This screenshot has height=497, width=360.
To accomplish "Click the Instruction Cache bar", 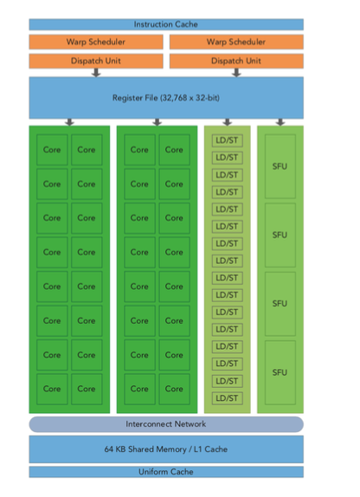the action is (166, 24).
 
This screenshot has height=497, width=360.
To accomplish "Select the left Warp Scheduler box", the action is (96, 42).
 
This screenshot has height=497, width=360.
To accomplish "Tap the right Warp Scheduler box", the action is (236, 42).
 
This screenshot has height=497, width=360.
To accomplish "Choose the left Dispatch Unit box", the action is (96, 61).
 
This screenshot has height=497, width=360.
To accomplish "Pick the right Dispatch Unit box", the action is (236, 61).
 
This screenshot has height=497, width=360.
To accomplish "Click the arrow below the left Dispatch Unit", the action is (96, 73).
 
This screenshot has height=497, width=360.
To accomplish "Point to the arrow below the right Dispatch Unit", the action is (236, 73).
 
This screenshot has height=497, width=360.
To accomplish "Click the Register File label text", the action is (166, 98).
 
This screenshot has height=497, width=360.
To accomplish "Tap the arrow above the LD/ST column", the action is (228, 122).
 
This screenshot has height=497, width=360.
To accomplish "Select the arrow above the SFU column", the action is (280, 122).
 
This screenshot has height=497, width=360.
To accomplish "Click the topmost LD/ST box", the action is (228, 140).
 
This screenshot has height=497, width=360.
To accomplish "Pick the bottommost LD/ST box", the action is (228, 398).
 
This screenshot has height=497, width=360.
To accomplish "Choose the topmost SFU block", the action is (280, 166).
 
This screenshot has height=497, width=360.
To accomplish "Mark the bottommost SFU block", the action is (280, 372).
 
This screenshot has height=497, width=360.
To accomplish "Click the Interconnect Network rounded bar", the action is (166, 424).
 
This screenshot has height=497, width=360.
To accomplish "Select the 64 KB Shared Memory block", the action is (166, 449).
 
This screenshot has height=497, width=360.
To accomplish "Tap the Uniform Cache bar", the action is (166, 472).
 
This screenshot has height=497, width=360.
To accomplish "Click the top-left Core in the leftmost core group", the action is (52, 150).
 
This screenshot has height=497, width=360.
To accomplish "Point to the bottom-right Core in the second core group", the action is (174, 389).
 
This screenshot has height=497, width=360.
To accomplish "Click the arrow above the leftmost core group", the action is (70, 122).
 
